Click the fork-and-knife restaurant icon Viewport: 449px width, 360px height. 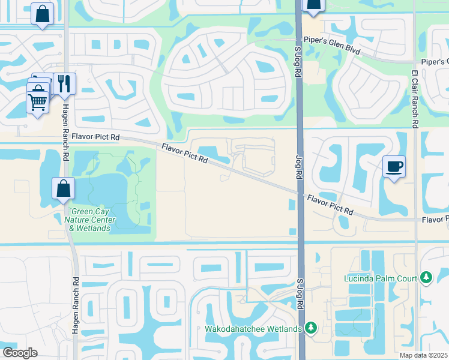[63, 83]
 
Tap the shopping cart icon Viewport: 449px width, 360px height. [37, 103]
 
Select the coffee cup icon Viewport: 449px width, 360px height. [394, 166]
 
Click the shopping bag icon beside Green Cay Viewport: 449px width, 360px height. [63, 188]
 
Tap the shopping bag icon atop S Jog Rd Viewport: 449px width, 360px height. [313, 5]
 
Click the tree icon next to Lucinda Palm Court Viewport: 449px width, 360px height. [426, 277]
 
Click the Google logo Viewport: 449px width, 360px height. [19, 352]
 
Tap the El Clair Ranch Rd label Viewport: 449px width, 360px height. [415, 98]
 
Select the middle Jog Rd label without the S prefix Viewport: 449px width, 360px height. [298, 167]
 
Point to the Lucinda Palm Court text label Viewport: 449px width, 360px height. [381, 278]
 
